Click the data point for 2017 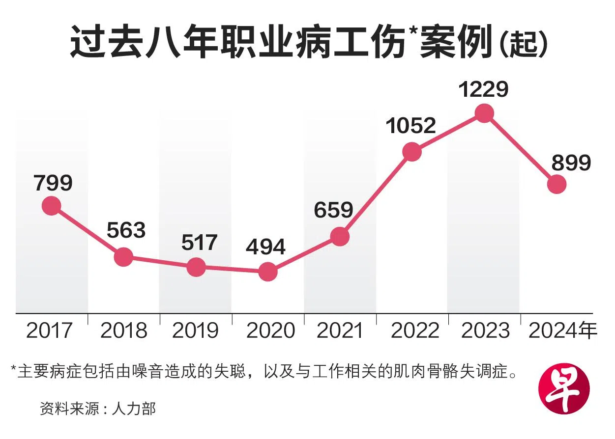click(51, 206)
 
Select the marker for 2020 click(268, 271)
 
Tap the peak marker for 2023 click(484, 113)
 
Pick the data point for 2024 click(557, 184)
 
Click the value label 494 click(266, 247)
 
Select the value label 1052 click(411, 126)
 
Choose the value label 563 click(126, 230)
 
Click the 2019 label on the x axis click(196, 331)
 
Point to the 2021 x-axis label click(340, 331)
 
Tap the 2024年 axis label click(562, 331)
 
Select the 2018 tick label click(124, 331)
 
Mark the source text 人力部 click(134, 409)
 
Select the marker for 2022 click(412, 152)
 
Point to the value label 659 click(334, 210)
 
